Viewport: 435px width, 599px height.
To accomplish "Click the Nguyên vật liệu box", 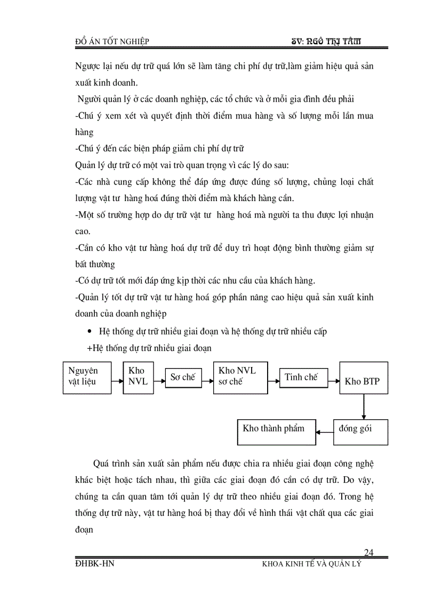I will pos(87,378).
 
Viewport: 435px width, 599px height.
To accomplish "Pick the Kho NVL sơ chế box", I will pos(240,378).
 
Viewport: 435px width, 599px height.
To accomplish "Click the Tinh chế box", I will pos(301,377).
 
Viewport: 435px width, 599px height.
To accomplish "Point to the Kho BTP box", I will pos(364,378).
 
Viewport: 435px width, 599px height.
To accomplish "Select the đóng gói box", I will pos(360,432).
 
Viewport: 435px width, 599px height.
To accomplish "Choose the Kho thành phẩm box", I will pos(276,432).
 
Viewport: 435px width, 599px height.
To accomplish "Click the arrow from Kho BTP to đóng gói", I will pos(363,407).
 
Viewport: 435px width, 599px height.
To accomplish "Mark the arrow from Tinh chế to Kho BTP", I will pos(332,381).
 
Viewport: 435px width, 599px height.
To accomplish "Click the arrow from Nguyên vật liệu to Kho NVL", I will pos(117,381).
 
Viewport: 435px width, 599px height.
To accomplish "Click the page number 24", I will pos(368,552).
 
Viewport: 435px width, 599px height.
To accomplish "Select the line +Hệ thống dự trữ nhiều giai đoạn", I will pos(149,348).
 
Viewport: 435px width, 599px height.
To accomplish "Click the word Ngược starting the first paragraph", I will pos(89,68).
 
